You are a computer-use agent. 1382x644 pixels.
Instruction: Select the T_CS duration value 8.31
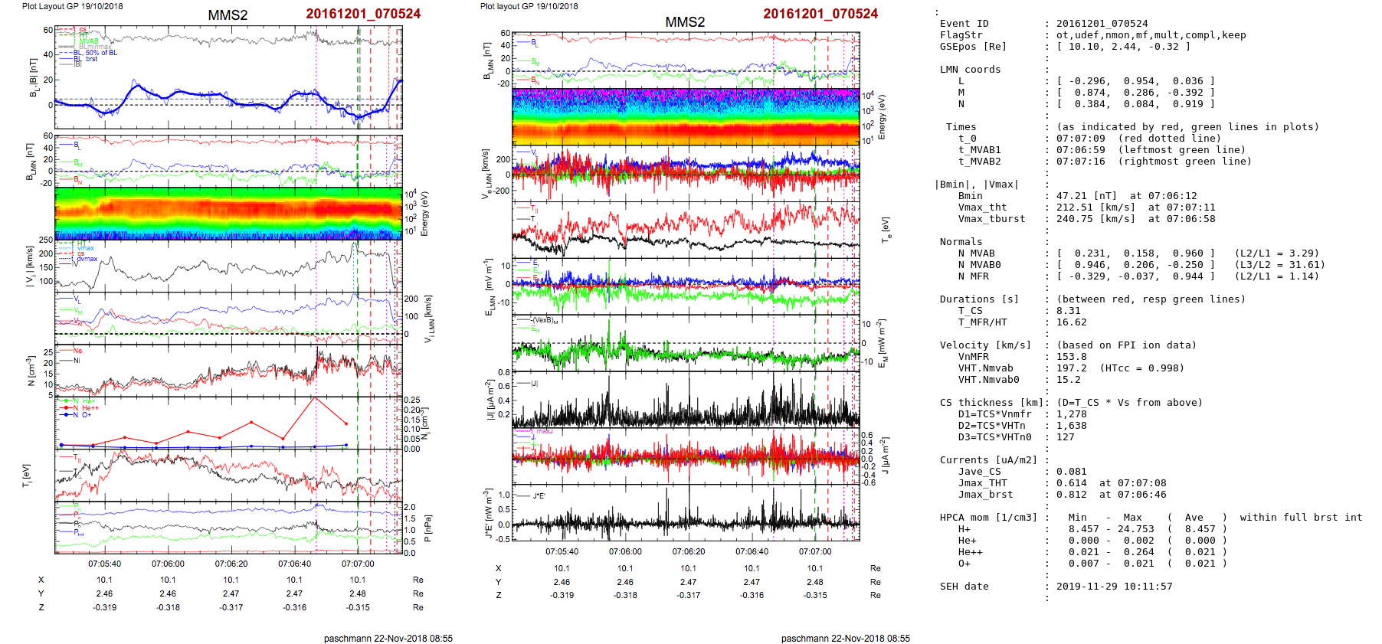pyautogui.click(x=1068, y=311)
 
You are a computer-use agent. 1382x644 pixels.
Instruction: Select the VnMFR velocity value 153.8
pyautogui.click(x=1071, y=357)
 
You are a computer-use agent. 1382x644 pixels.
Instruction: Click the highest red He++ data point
pyautogui.click(x=314, y=398)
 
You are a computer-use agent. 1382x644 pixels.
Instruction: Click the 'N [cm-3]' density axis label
pyautogui.click(x=31, y=371)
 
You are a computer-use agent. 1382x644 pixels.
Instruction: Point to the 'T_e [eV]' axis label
pyautogui.click(x=886, y=228)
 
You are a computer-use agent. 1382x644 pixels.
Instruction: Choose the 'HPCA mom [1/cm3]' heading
pyautogui.click(x=988, y=518)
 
